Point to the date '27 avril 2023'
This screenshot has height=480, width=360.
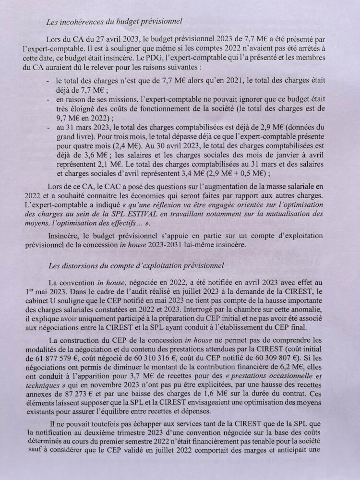(x=110, y=39)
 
